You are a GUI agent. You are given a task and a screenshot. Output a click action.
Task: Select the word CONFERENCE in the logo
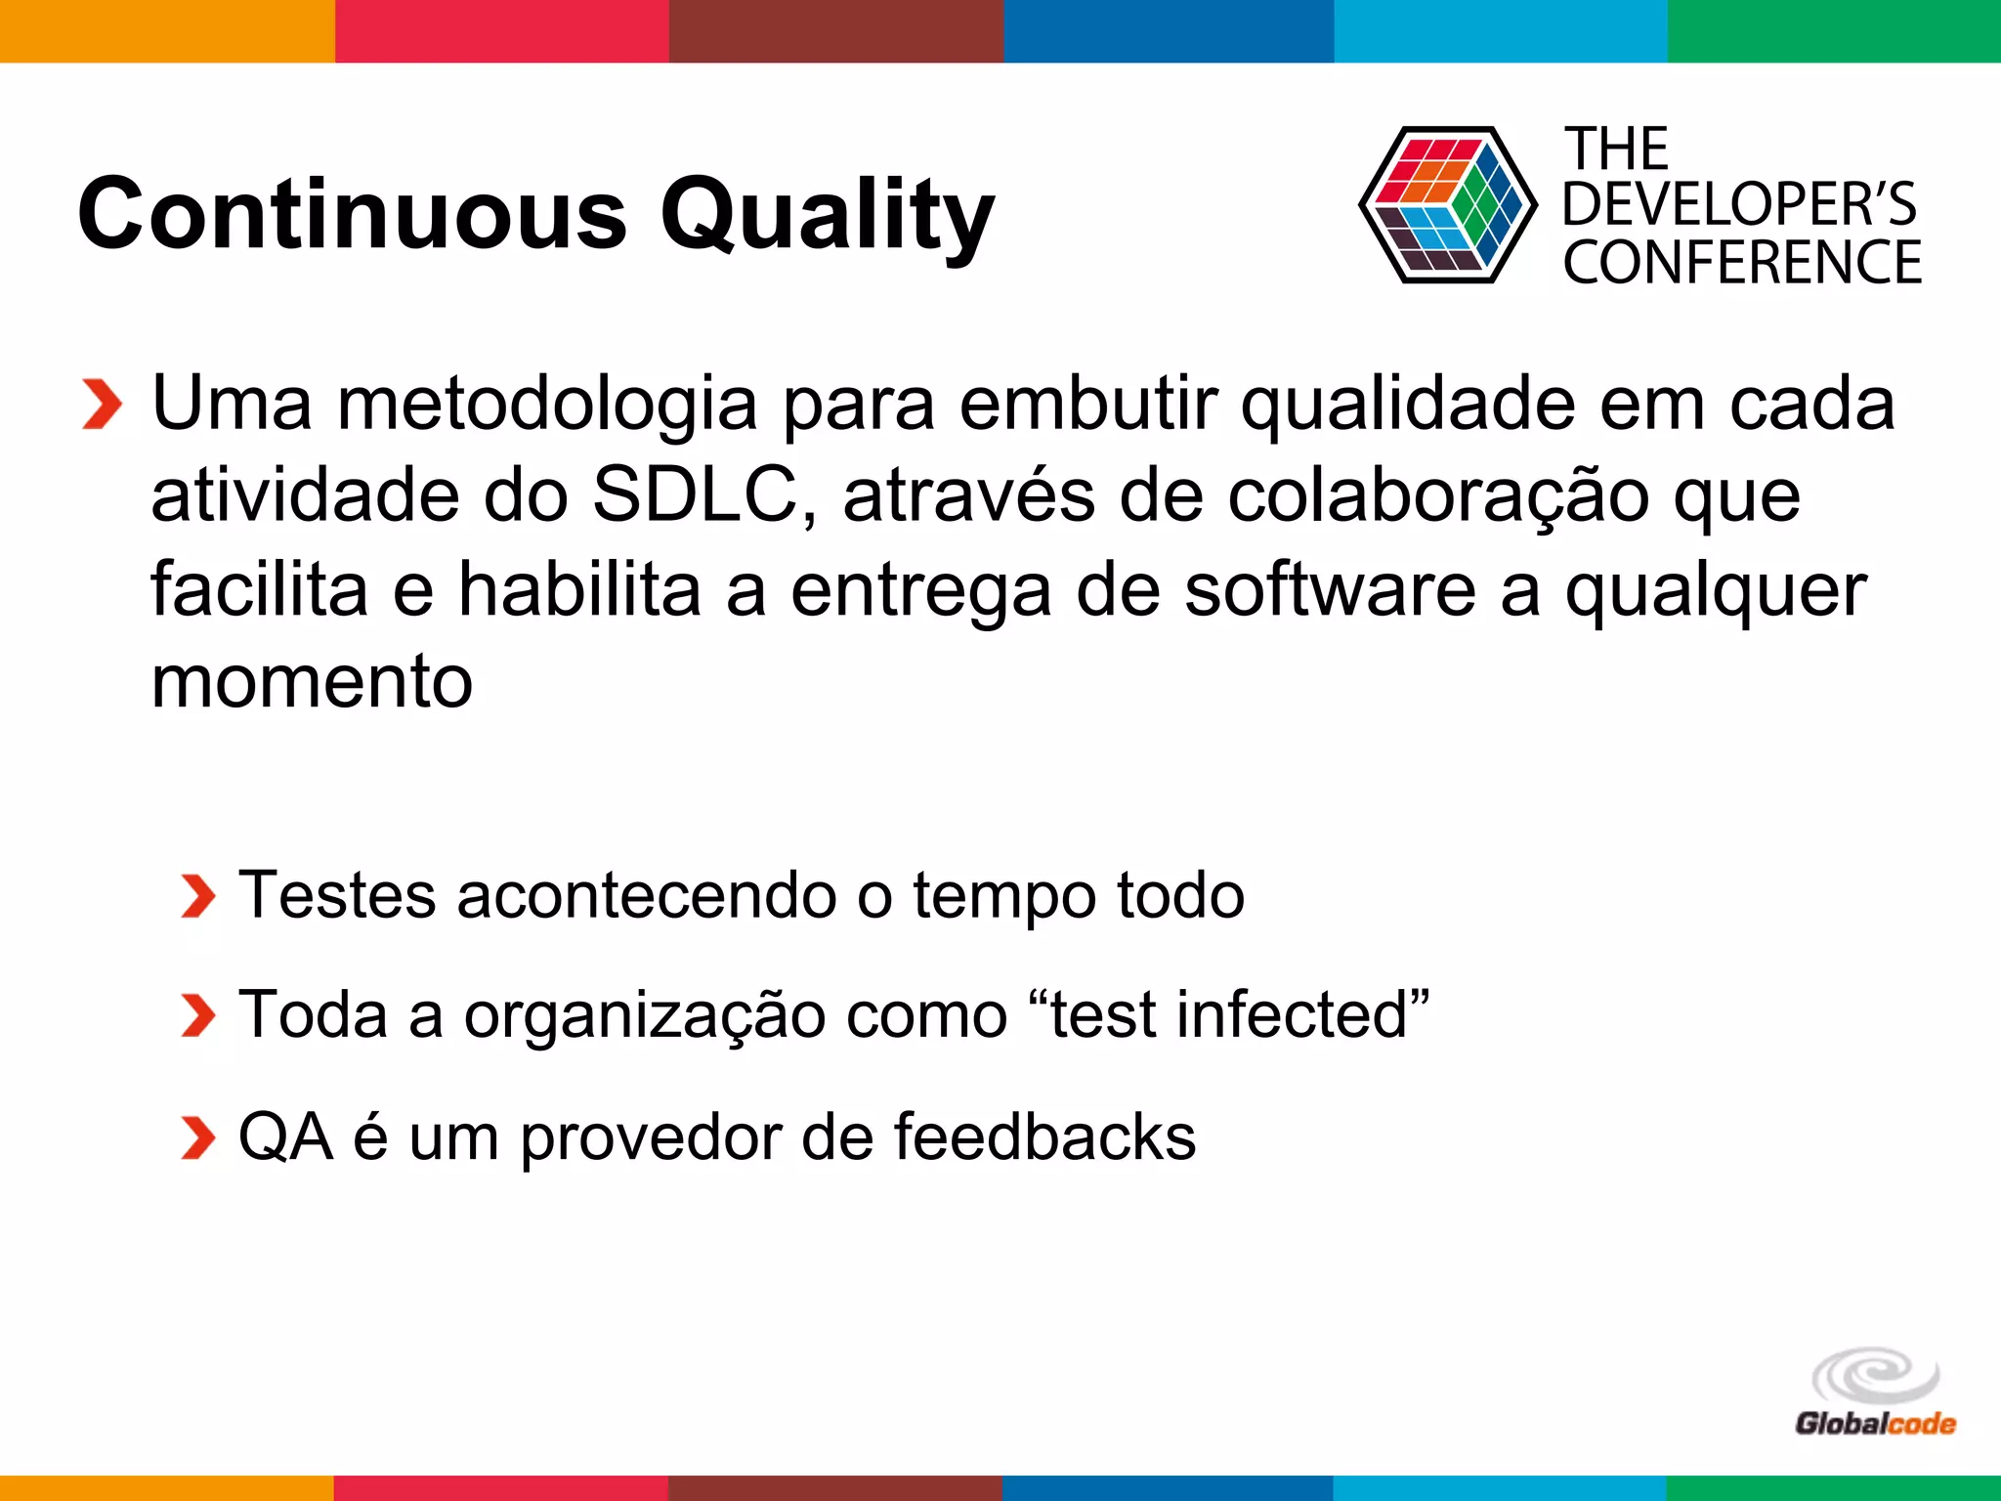click(1742, 263)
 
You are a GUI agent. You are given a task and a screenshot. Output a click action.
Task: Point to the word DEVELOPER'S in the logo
click(1739, 205)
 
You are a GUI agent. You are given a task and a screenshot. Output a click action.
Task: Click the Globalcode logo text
click(1875, 1424)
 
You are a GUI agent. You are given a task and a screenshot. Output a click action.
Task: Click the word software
click(1330, 589)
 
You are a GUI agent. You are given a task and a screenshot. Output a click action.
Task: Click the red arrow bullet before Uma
click(103, 404)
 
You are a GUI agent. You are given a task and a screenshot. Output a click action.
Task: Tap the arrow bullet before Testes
click(198, 896)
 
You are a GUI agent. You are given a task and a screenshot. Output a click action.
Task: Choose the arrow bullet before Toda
click(198, 1016)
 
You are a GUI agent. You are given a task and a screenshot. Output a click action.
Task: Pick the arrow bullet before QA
click(198, 1138)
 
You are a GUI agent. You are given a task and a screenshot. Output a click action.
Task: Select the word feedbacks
click(1044, 1136)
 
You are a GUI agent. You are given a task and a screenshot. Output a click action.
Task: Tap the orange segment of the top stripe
click(166, 30)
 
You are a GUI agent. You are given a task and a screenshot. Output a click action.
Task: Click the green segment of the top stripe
click(1834, 30)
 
